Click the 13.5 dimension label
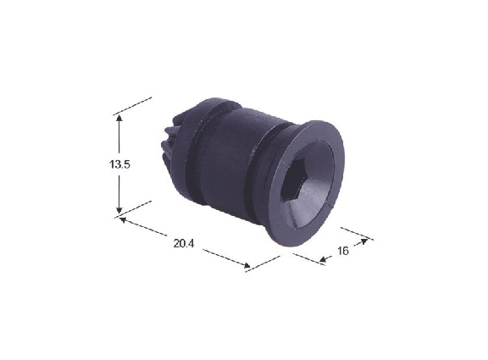tap(119, 164)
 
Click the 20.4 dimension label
tap(184, 244)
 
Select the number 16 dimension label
tap(343, 251)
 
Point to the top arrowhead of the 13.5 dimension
tap(119, 119)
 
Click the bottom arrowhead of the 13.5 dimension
tap(119, 210)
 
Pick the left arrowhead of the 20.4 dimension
tap(123, 220)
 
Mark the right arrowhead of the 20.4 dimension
tap(247, 265)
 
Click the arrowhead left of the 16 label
tap(324, 258)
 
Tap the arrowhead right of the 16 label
tap(363, 241)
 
